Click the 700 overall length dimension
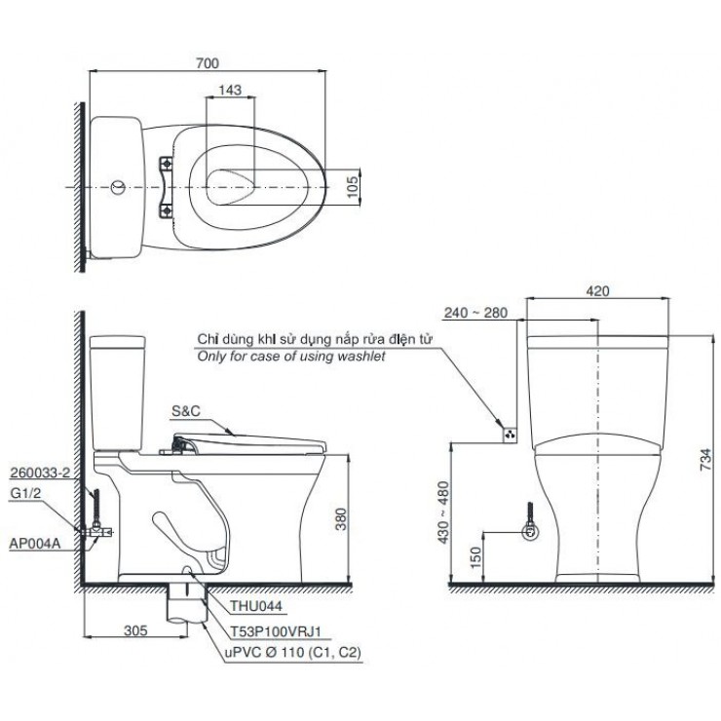pyautogui.click(x=206, y=63)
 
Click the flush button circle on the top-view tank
pyautogui.click(x=117, y=184)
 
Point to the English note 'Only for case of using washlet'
pyautogui.click(x=291, y=358)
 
